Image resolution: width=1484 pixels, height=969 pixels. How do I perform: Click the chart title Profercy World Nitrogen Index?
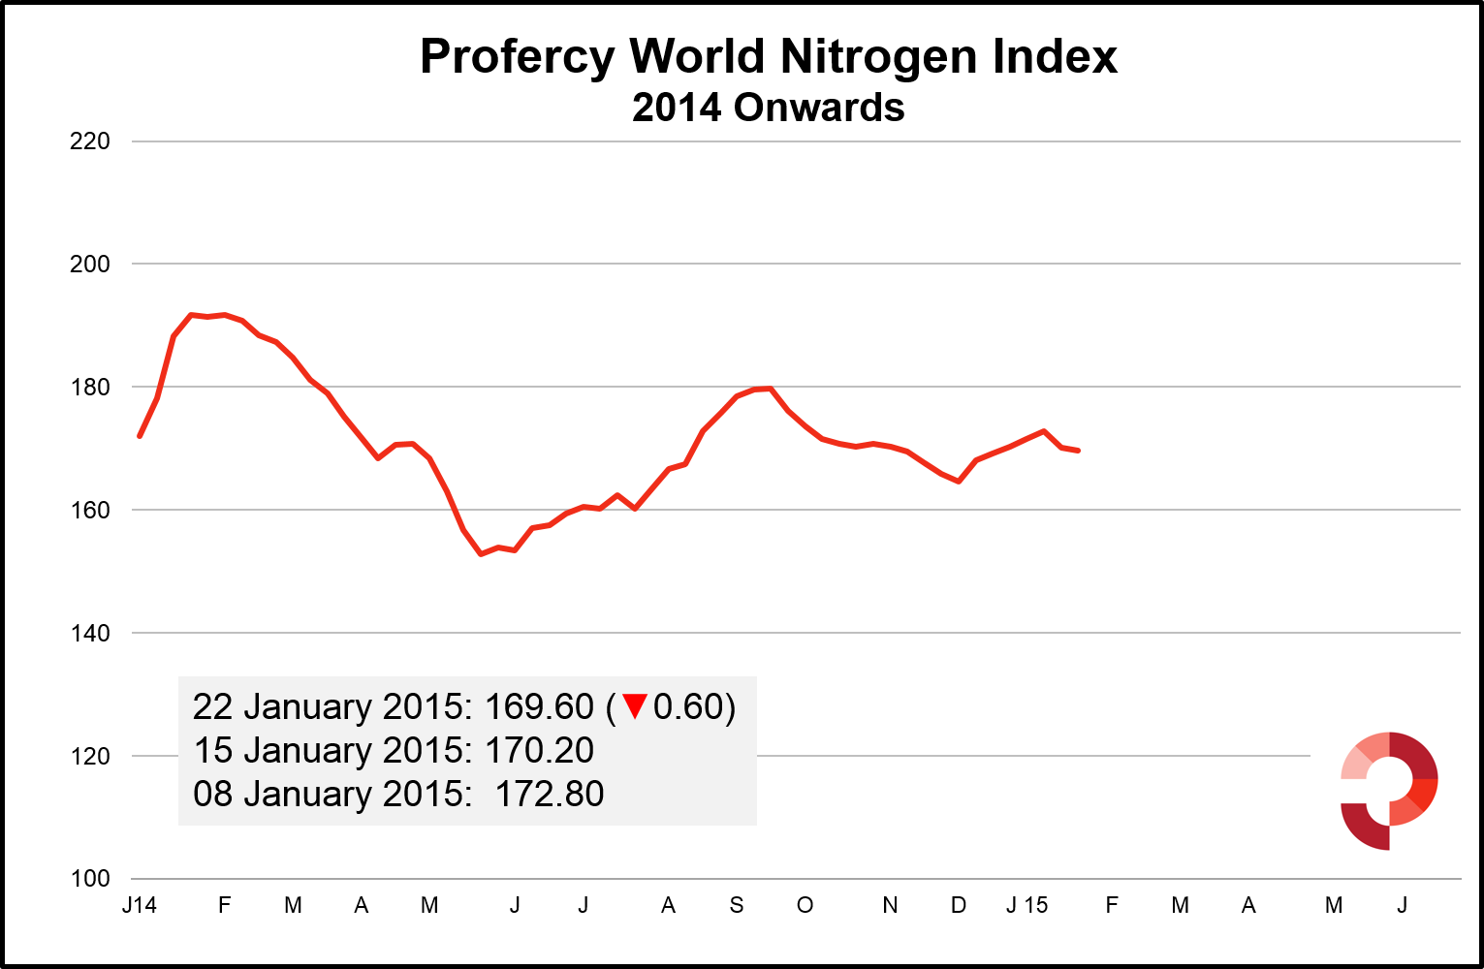tap(768, 57)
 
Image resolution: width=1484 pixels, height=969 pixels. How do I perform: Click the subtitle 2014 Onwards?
tap(768, 108)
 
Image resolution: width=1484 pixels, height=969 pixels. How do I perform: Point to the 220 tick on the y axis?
tap(90, 141)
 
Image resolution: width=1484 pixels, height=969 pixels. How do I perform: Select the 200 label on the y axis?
tap(90, 265)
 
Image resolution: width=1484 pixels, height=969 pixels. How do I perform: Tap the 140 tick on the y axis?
tap(90, 634)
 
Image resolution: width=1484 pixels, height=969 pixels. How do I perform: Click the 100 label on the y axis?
tap(90, 879)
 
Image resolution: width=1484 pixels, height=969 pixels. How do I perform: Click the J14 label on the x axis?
tap(140, 905)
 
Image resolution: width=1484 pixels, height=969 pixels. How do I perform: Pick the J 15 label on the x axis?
tap(1026, 905)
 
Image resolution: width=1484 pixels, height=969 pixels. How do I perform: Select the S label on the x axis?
tap(737, 905)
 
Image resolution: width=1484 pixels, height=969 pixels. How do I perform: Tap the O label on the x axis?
tap(805, 905)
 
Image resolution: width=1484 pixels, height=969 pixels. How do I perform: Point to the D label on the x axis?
tap(958, 905)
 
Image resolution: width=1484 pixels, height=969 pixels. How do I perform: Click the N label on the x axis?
tap(890, 905)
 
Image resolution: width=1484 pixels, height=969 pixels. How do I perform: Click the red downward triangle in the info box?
tap(635, 706)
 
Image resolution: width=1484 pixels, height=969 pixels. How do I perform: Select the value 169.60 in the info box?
tap(539, 707)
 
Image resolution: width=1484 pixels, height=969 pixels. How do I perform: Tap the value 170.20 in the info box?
tap(539, 751)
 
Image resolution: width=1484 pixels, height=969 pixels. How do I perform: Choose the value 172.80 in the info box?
tap(550, 795)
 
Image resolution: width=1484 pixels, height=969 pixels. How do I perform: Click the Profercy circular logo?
tap(1388, 791)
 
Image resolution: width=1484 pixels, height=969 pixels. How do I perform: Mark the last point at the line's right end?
tap(1078, 451)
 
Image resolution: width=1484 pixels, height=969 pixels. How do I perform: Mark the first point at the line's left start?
tap(140, 436)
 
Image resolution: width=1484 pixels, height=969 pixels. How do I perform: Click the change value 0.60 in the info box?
tap(688, 707)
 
